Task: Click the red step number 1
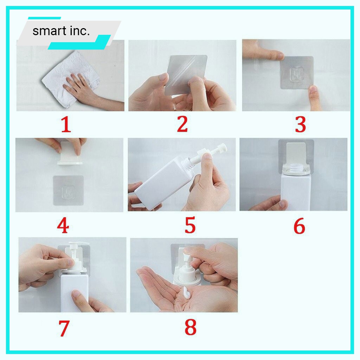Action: pyautogui.click(x=66, y=124)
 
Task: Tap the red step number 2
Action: pyautogui.click(x=182, y=124)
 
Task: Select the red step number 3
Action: pyautogui.click(x=300, y=124)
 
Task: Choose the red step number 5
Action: pyautogui.click(x=190, y=225)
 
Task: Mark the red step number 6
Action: pyautogui.click(x=299, y=226)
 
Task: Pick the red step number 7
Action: pyautogui.click(x=64, y=328)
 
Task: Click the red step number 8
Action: pyautogui.click(x=191, y=327)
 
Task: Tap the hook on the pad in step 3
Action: pyautogui.click(x=296, y=73)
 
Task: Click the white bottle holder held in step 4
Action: pyautogui.click(x=70, y=153)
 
